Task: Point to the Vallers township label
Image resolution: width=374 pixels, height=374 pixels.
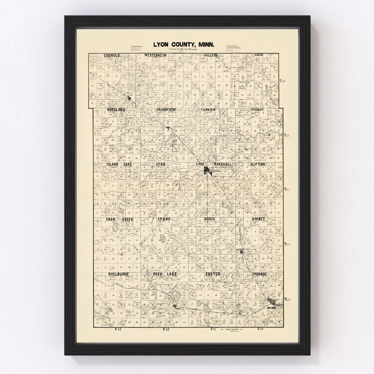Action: [x=211, y=55]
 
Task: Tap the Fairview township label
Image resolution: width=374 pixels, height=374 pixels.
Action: [x=208, y=110]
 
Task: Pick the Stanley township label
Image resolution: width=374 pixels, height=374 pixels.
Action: [x=258, y=110]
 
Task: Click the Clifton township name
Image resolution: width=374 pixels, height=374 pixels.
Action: [x=258, y=164]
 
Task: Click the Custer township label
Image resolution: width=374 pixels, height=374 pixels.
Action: [x=212, y=274]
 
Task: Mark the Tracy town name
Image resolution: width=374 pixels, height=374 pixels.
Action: [x=280, y=305]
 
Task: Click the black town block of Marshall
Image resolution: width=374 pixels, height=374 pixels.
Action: [x=207, y=170]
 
